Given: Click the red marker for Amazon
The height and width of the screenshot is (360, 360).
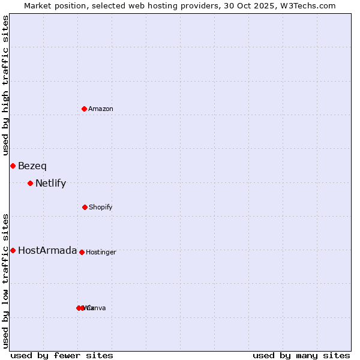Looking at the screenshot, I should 84,109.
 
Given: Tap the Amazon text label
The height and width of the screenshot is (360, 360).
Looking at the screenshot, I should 101,109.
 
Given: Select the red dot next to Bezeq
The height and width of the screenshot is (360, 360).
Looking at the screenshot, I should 13,166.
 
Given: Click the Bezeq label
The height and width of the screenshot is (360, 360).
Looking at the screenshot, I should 32,166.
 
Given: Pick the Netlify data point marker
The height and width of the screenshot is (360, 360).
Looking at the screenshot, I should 30,183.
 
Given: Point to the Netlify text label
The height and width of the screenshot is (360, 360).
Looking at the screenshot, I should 51,184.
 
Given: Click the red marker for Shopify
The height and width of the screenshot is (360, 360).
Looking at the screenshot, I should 85,207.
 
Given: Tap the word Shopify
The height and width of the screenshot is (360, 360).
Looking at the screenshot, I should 101,207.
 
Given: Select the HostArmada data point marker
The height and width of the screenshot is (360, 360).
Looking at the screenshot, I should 13,250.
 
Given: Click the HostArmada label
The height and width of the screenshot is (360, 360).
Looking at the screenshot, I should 47,251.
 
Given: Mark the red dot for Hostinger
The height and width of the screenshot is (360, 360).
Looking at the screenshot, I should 82,252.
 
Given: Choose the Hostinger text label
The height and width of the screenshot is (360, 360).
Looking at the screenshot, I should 101,252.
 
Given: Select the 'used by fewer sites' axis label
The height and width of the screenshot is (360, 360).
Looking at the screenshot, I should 62,355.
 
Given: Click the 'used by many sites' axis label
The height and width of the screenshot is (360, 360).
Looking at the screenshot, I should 301,355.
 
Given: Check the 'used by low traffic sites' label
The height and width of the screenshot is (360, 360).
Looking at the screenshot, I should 5,281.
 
